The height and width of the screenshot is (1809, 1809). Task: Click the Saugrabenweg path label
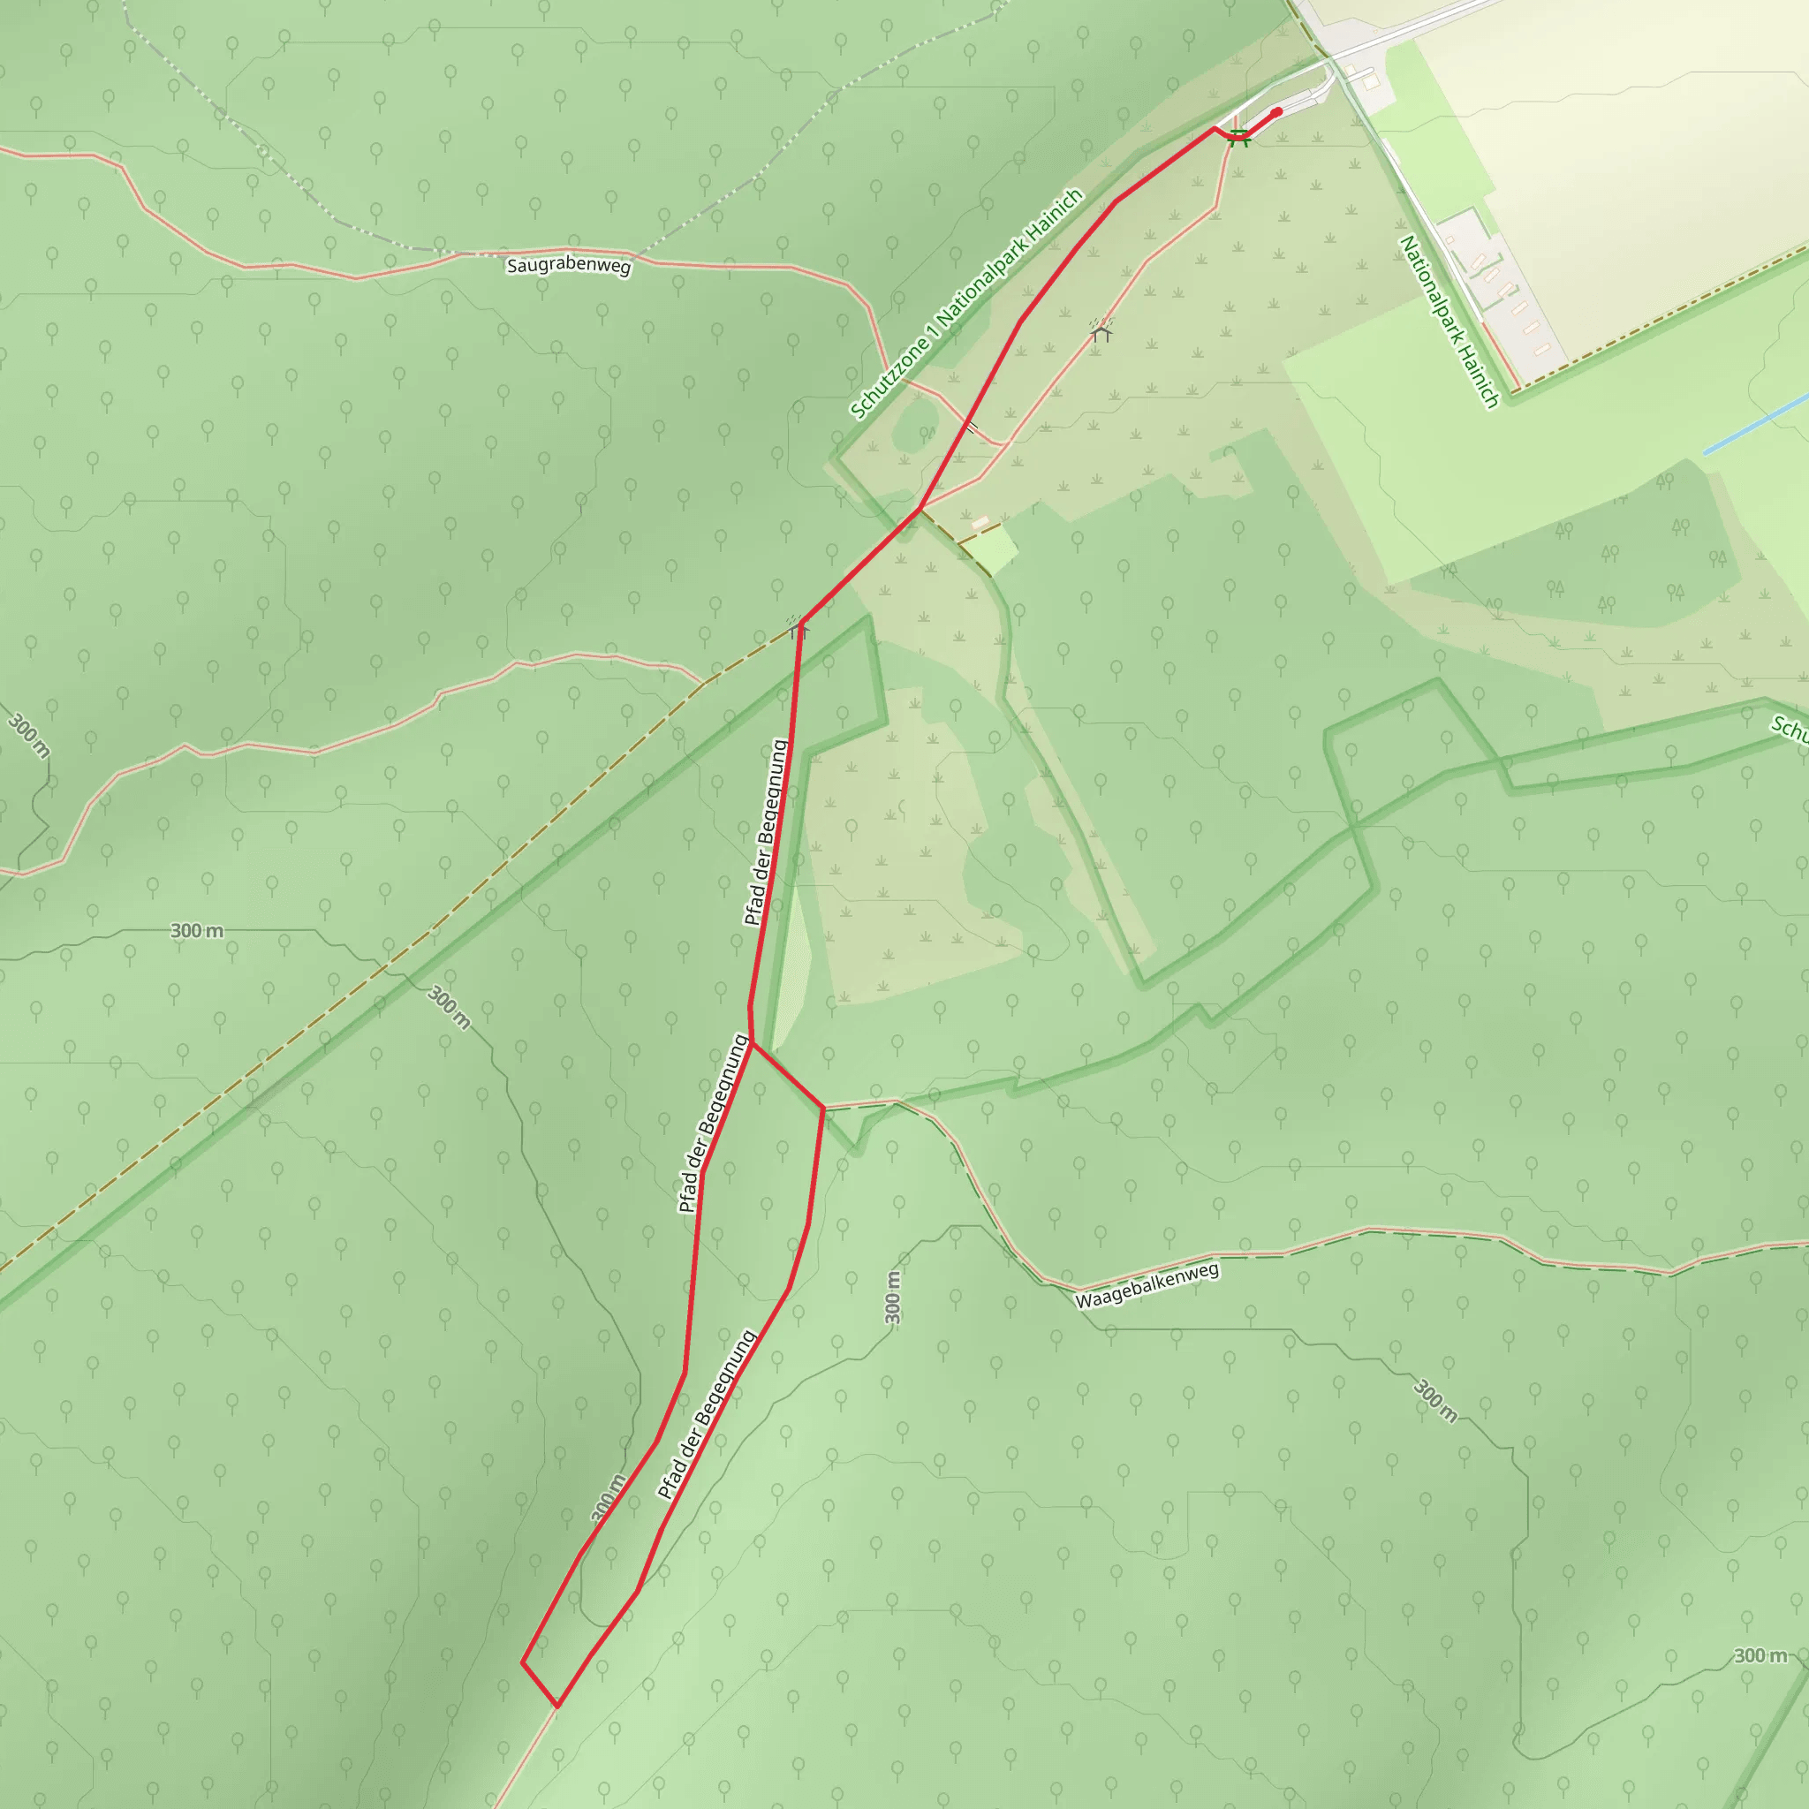(568, 265)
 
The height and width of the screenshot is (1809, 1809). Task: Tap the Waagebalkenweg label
(1147, 1285)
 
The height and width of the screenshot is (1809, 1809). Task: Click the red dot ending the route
(1277, 112)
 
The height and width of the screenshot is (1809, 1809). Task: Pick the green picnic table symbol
(1238, 139)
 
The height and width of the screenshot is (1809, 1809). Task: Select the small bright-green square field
(992, 549)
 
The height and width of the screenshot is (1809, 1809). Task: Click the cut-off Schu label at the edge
(1790, 729)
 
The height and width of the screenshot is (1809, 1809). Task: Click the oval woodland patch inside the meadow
(916, 426)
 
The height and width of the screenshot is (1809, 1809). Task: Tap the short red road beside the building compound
(1500, 355)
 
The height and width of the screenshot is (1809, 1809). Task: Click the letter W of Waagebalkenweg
(1082, 1300)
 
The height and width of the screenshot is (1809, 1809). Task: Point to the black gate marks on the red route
(972, 427)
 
